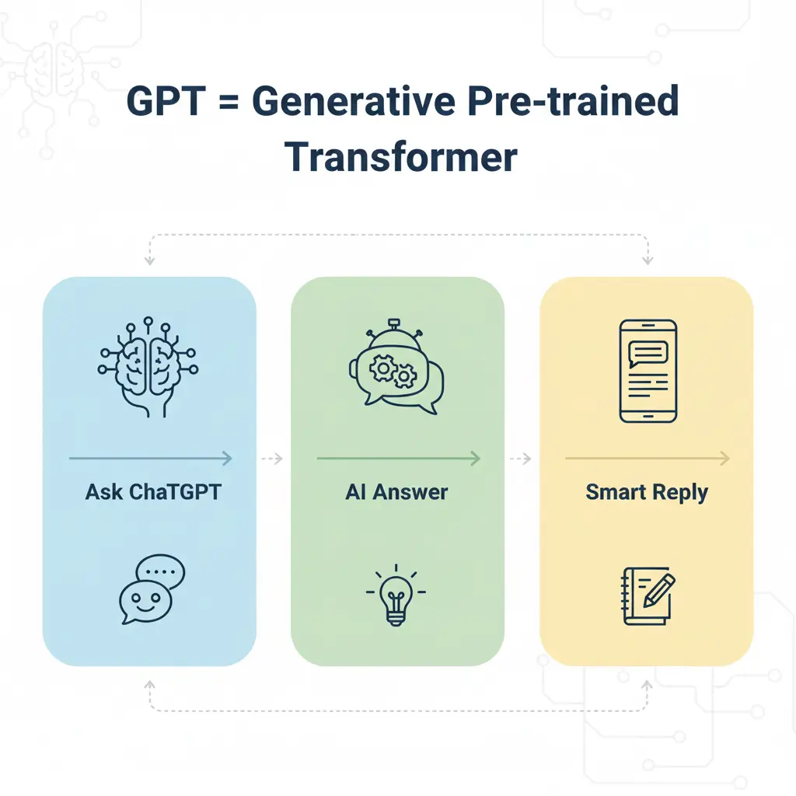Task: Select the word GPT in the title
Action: coord(166,100)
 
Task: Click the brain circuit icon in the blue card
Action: coord(148,367)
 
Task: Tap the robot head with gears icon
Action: coord(396,367)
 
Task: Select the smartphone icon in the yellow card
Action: coord(648,371)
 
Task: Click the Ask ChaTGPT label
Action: coord(153,492)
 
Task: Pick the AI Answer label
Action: coord(396,492)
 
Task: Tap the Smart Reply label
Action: coord(647,492)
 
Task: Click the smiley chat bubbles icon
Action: coord(152,589)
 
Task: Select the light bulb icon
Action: coord(396,595)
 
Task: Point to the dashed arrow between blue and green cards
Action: coord(272,459)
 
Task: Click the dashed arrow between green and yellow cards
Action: coord(521,459)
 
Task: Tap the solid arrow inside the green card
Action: coord(399,459)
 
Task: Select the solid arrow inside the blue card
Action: coord(151,459)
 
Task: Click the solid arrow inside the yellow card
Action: coord(648,459)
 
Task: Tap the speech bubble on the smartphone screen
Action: coord(648,354)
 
